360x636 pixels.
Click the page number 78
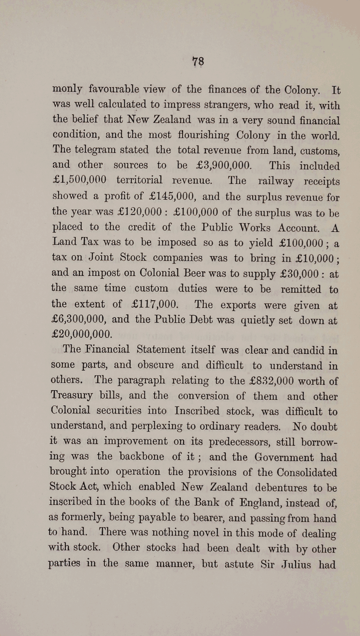point(198,61)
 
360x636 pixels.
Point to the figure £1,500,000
point(79,180)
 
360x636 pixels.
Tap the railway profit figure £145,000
point(172,196)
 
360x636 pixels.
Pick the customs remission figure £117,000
point(155,304)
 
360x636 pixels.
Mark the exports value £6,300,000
point(78,319)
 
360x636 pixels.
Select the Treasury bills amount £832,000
point(272,381)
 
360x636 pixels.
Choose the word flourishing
point(204,135)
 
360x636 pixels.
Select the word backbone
point(142,456)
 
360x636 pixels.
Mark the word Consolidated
point(307,472)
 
